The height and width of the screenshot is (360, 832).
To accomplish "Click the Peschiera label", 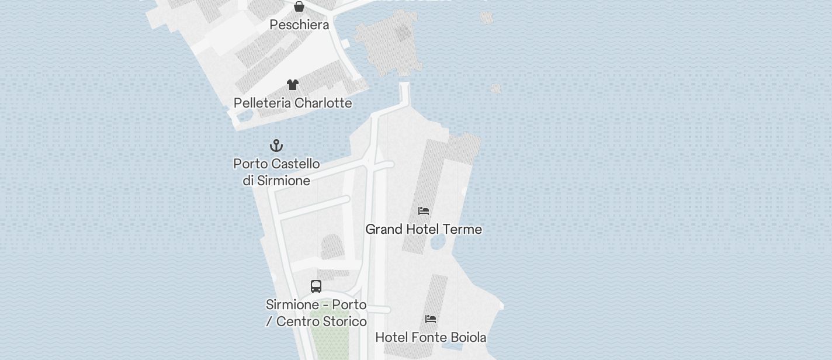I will click(299, 25).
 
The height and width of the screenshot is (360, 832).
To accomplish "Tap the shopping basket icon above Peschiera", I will click(299, 6).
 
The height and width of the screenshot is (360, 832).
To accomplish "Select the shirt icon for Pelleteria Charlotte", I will click(293, 85).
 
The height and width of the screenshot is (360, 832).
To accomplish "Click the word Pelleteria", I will click(262, 103).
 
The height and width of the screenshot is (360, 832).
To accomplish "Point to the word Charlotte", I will click(323, 103).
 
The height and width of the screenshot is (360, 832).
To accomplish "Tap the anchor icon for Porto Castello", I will click(276, 145).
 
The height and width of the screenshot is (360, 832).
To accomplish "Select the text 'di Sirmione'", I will click(276, 181).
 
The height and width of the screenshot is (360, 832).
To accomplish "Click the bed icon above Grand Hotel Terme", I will click(424, 210).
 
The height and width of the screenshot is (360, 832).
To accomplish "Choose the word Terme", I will click(462, 229).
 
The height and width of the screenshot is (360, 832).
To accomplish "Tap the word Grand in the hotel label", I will click(384, 229).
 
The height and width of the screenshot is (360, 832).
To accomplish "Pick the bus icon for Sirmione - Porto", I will click(316, 286).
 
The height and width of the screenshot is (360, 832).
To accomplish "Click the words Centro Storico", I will click(321, 321).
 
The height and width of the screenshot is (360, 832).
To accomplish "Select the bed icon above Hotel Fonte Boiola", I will click(431, 319).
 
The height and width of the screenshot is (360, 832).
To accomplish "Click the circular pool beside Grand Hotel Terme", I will click(438, 244).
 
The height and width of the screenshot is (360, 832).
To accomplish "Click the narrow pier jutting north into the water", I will click(404, 94).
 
